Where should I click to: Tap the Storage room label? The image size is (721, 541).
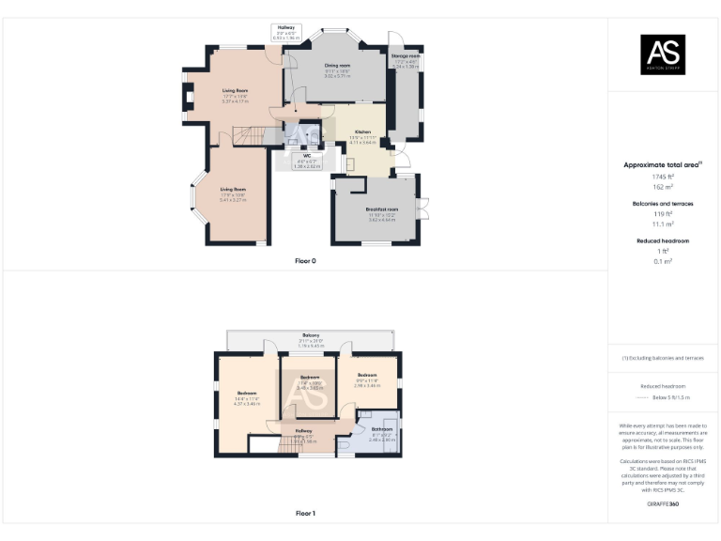pos(406,56)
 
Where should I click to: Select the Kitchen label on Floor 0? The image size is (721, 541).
pos(362,131)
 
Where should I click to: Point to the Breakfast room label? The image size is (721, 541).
pos(382,209)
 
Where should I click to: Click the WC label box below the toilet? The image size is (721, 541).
pos(306,159)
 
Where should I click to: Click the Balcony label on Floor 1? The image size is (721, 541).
pos(310,336)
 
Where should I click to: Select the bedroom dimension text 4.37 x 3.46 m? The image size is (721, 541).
pos(247,403)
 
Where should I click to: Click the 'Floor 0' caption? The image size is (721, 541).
pos(306,261)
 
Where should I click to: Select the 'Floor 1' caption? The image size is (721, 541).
pos(306,514)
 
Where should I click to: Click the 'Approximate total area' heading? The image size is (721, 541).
pos(663,164)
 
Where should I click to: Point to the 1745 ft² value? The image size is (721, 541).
pos(663,177)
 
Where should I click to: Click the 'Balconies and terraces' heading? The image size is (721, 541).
pos(663,204)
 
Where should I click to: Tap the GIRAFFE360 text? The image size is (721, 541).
pos(663,504)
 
